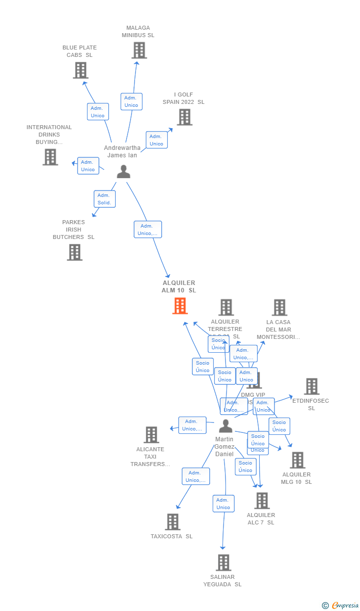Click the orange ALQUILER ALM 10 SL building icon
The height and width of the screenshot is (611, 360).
[180, 306]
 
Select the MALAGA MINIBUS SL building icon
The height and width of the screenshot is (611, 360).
[139, 50]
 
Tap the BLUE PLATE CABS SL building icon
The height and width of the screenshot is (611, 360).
[80, 70]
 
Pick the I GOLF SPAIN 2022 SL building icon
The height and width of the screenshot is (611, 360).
[184, 117]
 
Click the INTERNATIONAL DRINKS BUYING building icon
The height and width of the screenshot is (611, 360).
[50, 157]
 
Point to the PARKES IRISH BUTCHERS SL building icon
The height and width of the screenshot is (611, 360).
[74, 252]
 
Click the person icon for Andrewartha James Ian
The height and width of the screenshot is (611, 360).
[123, 171]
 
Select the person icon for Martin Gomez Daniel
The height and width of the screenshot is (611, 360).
[225, 426]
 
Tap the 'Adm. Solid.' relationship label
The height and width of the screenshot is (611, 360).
[104, 199]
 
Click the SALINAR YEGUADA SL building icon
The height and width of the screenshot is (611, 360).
[224, 563]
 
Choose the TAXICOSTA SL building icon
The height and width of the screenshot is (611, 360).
[172, 522]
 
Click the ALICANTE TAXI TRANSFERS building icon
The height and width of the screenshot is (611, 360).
[151, 435]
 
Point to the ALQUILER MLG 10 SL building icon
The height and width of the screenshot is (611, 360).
[297, 460]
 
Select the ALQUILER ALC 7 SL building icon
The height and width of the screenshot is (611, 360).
[262, 501]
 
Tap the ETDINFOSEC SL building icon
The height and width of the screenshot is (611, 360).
[311, 386]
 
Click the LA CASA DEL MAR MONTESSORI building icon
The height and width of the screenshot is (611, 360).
[279, 307]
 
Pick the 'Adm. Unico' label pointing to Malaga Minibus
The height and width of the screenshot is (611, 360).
[131, 101]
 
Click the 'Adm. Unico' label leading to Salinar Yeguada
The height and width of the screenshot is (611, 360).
[224, 504]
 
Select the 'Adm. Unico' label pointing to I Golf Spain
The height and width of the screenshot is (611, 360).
[156, 140]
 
